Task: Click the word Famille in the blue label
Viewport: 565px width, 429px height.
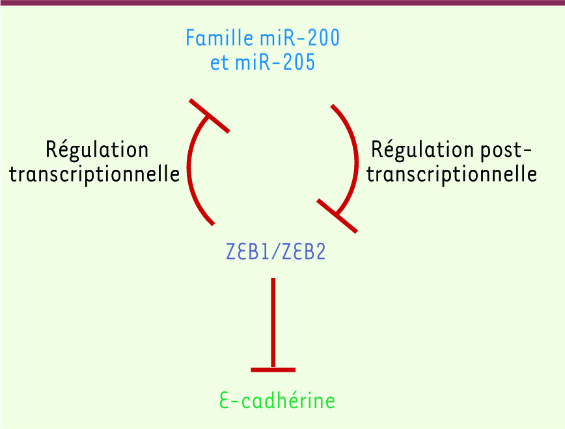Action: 219,38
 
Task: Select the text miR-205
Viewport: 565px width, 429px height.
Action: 275,62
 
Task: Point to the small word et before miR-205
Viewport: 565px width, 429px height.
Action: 219,62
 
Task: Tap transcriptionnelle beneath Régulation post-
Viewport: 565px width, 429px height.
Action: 452,174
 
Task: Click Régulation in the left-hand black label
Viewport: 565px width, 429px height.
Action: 97,150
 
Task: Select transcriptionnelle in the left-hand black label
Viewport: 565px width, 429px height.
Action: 94,174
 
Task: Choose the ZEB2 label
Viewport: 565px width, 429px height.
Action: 304,251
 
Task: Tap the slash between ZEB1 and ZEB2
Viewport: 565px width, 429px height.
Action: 275,251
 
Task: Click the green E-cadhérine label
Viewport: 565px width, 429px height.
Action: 277,400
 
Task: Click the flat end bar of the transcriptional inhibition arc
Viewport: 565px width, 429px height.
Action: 210,116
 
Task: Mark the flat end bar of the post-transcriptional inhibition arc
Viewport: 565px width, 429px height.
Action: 337,215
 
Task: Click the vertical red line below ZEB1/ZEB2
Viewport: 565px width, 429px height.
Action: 273,323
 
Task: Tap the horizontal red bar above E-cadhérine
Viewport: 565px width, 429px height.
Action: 273,370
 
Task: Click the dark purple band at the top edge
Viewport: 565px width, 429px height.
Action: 282,3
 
